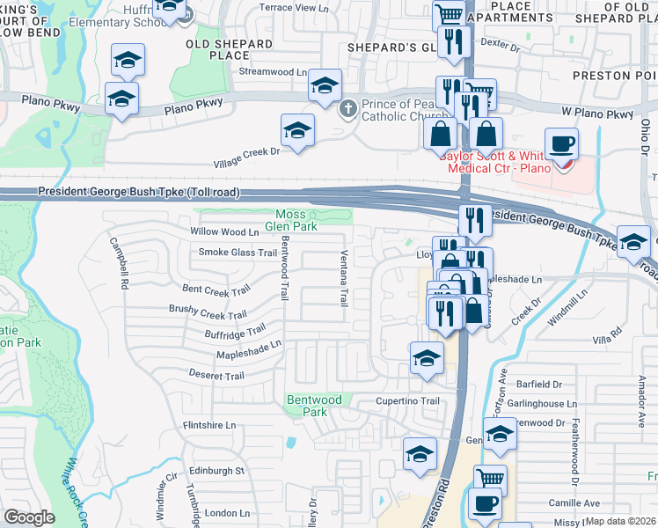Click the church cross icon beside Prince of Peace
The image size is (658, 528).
348,107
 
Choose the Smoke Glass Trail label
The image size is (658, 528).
226,253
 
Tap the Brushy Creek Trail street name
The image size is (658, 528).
207,312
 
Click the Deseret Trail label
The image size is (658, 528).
216,375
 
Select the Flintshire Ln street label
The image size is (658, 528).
209,425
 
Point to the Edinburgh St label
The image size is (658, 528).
214,471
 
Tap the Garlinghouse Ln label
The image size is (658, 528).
546,404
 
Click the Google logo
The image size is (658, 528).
29,517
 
